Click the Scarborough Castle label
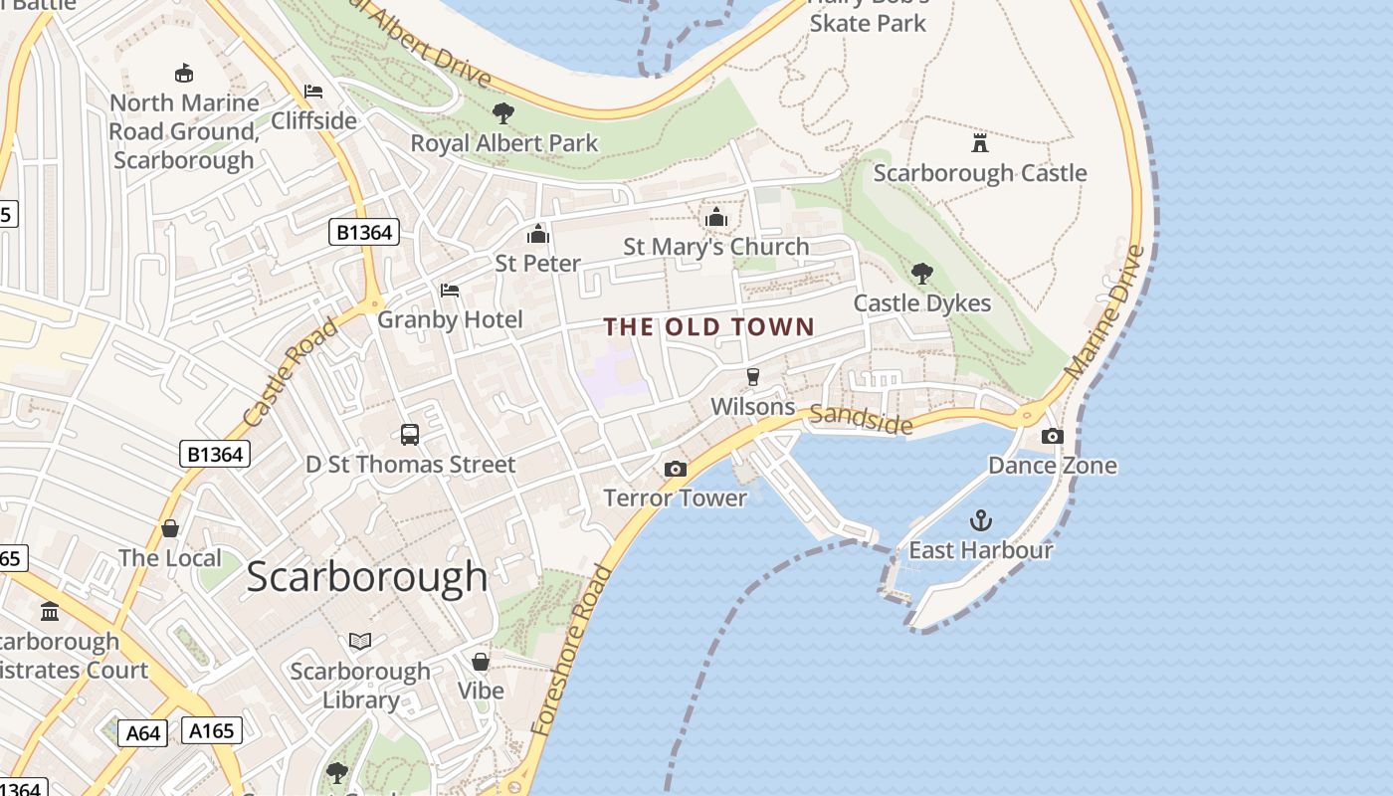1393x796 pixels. (979, 173)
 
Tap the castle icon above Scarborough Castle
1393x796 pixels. (980, 143)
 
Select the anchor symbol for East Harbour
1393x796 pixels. (981, 520)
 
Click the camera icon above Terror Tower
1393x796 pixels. (676, 469)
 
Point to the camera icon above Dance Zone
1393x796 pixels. (1052, 436)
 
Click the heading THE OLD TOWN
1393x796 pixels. (709, 326)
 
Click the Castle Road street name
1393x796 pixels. (290, 373)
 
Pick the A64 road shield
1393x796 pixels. (143, 733)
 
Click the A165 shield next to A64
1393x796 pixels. (212, 731)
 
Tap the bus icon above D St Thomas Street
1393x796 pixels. (410, 435)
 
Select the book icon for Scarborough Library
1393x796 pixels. (360, 642)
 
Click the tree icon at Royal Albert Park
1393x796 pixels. (503, 113)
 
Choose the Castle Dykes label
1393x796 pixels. (922, 303)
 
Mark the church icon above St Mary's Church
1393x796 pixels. (716, 217)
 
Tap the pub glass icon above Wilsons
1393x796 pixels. (753, 377)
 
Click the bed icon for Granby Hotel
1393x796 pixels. (450, 291)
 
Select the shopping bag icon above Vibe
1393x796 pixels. (481, 662)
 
